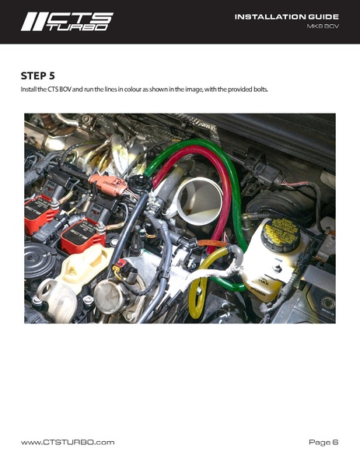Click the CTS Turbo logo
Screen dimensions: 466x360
(67, 22)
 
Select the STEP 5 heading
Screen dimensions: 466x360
(38, 75)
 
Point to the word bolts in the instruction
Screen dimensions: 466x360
(259, 89)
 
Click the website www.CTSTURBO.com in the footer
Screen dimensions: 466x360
(68, 442)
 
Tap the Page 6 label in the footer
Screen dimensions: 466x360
(323, 442)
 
